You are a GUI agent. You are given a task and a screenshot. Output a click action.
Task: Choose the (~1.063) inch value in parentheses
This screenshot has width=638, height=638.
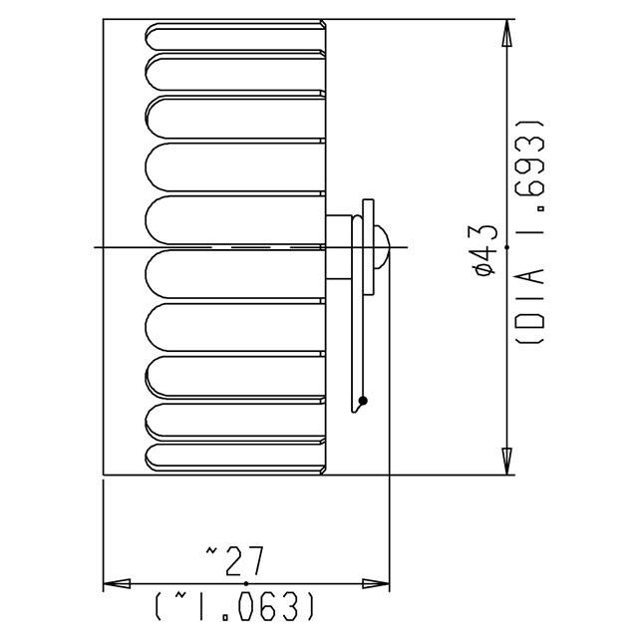[x=236, y=605]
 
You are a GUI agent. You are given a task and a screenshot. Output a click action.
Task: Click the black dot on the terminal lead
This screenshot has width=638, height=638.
[x=364, y=401]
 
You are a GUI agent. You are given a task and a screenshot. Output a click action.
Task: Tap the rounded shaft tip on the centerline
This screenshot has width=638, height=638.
[x=381, y=245]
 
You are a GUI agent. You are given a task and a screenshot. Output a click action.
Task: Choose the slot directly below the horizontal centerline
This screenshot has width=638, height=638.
[x=236, y=273]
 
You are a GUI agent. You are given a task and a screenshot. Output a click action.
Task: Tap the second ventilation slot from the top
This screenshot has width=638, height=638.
[x=236, y=69]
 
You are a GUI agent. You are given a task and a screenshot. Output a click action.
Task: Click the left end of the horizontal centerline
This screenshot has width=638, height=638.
[x=97, y=246]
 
